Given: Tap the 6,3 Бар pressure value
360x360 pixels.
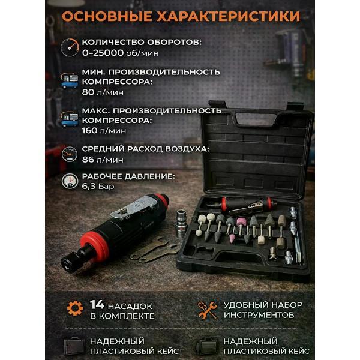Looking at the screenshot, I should pos(98,187).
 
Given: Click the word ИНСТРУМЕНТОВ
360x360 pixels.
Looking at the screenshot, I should pos(259,315).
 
